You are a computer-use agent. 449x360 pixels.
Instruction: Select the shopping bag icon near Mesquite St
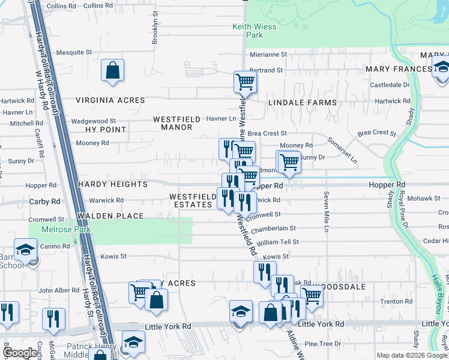(x=112, y=71)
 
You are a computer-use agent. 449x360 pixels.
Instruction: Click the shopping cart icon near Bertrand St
(x=245, y=82)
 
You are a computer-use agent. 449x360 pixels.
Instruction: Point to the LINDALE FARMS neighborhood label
(x=303, y=103)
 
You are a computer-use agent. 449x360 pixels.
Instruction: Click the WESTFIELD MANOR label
(x=176, y=123)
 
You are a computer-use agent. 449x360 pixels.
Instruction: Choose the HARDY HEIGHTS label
(x=113, y=184)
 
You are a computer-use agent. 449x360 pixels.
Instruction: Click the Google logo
(x=20, y=353)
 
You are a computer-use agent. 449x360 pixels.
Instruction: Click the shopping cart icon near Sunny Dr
(x=289, y=161)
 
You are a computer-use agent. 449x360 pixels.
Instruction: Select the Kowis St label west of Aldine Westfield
(x=113, y=256)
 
